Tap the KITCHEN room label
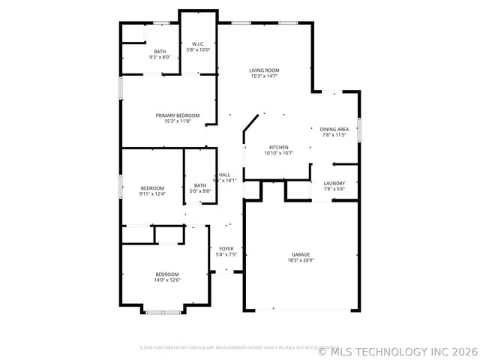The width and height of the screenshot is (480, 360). tap(278, 147)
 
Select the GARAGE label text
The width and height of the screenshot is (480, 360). tap(301, 254)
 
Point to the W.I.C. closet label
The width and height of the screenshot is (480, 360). tap(199, 44)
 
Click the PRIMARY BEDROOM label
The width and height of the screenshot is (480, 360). tap(178, 115)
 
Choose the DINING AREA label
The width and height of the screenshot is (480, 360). tap(334, 129)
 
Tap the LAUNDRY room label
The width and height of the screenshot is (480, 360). tap(334, 183)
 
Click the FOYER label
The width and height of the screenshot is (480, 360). tap(226, 248)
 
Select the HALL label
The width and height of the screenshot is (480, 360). tap(224, 175)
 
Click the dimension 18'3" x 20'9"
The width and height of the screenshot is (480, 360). tap(301, 260)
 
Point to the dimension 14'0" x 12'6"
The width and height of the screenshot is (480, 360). tap(167, 280)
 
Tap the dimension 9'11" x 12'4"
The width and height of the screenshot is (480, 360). tap(151, 193)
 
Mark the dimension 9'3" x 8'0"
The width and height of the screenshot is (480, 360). tap(160, 57)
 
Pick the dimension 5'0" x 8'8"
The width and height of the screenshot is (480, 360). tap(200, 191)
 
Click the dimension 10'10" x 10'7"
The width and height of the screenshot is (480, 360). tap(278, 153)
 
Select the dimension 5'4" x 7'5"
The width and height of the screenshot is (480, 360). tap(226, 254)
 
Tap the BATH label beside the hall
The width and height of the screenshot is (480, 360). tap(200, 185)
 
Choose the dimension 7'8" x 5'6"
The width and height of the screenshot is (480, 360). tap(334, 189)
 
